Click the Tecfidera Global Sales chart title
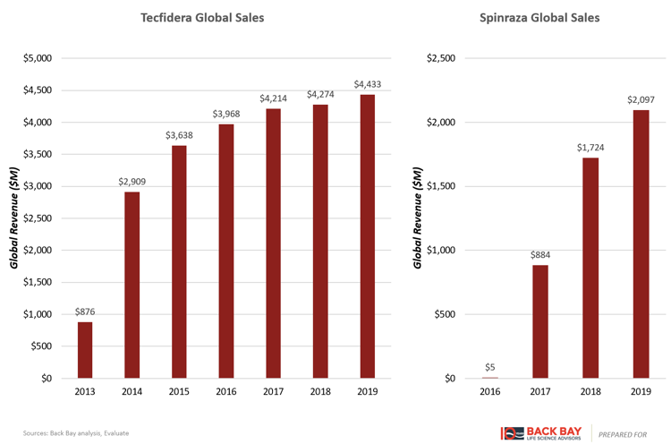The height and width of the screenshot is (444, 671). (x=201, y=17)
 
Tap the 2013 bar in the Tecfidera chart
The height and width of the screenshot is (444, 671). (x=85, y=350)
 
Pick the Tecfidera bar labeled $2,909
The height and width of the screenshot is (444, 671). (x=132, y=285)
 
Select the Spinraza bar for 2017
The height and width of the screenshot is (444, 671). (x=539, y=321)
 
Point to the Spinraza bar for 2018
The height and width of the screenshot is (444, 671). (x=590, y=268)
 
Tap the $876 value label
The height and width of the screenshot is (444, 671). (x=85, y=312)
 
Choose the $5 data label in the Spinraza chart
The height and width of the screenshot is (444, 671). (x=490, y=367)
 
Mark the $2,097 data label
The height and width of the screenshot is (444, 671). (x=640, y=100)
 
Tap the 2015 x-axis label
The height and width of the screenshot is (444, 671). (x=178, y=391)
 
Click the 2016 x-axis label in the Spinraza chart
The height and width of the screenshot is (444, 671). (x=490, y=391)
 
